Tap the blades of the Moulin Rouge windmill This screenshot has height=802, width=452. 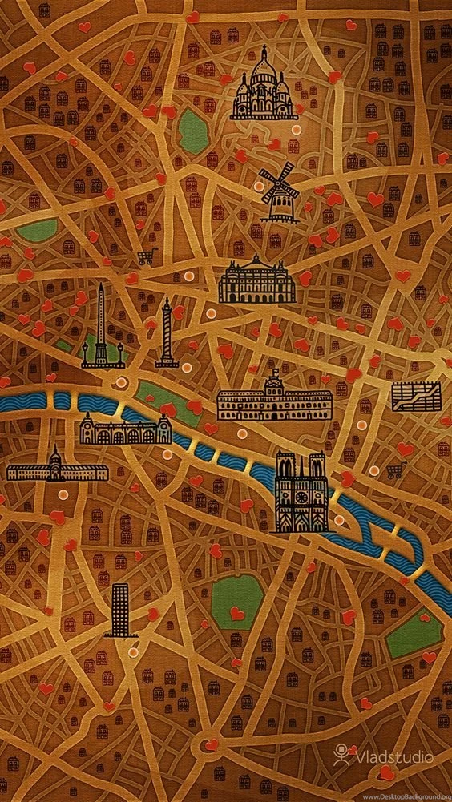click(276, 181)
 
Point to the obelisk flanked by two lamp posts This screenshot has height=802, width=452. click(102, 328)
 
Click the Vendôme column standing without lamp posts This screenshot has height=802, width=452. click(167, 333)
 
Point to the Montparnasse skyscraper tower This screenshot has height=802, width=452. click(120, 610)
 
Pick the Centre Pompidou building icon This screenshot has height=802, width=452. click(415, 395)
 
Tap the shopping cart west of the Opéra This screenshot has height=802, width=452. click(145, 257)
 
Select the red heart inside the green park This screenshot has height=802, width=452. click(236, 613)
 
